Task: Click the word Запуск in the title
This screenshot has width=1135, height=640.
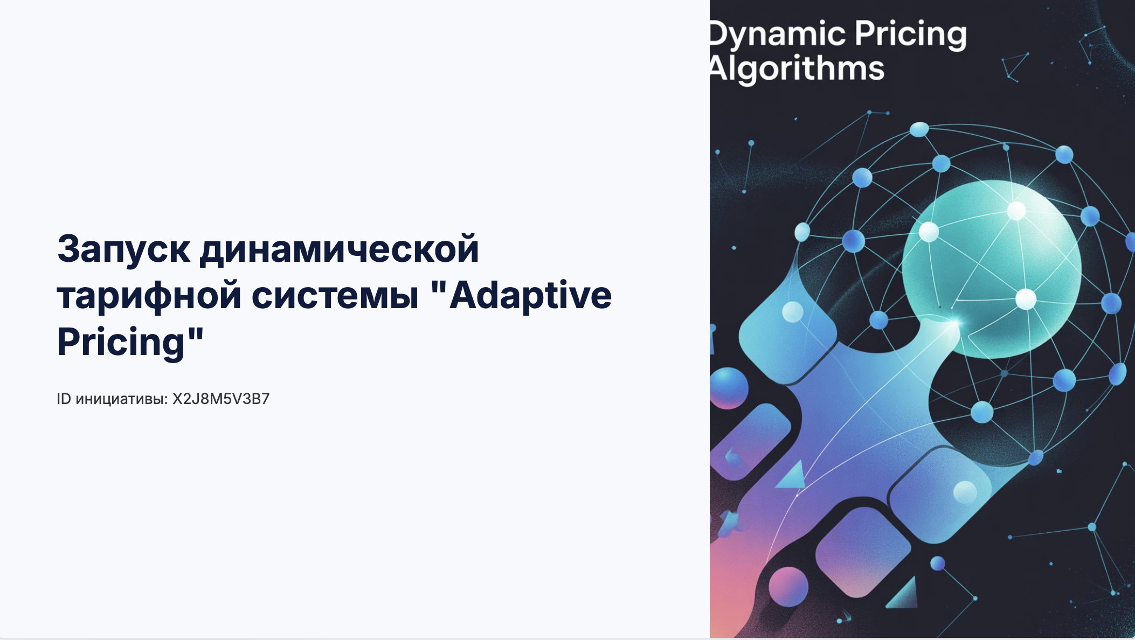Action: pyautogui.click(x=123, y=249)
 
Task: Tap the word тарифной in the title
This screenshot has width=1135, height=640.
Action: pyautogui.click(x=149, y=296)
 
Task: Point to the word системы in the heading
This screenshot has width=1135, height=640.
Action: pyautogui.click(x=335, y=296)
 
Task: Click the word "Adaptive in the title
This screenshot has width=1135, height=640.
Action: pyautogui.click(x=521, y=296)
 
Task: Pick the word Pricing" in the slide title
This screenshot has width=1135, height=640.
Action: pyautogui.click(x=130, y=343)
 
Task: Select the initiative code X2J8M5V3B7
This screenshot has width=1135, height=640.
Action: pyautogui.click(x=221, y=399)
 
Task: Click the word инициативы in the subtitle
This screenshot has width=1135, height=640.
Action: pyautogui.click(x=121, y=400)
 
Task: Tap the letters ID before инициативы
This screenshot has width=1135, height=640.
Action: pyautogui.click(x=64, y=399)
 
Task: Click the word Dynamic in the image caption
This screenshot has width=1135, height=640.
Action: pyautogui.click(x=777, y=35)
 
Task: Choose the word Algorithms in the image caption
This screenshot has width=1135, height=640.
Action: pyautogui.click(x=797, y=69)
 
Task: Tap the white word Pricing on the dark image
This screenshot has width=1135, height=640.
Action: pyautogui.click(x=910, y=35)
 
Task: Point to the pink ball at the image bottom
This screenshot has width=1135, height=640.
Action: pyautogui.click(x=788, y=587)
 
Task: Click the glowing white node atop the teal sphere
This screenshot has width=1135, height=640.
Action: pyautogui.click(x=1016, y=211)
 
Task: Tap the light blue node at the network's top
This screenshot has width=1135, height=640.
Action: pyautogui.click(x=919, y=130)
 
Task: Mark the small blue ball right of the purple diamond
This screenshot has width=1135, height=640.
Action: pyautogui.click(x=938, y=564)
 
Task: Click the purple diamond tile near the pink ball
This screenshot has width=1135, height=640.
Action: pyautogui.click(x=862, y=552)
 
